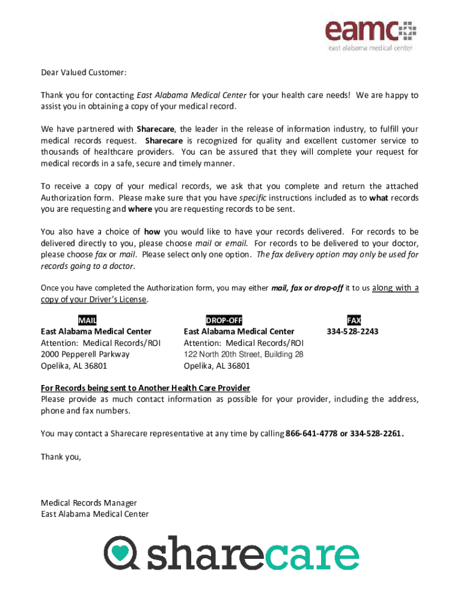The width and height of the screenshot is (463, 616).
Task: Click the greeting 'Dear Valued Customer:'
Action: (x=84, y=73)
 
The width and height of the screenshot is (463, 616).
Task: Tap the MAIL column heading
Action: (x=87, y=320)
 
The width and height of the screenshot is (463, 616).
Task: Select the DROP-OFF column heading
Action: (x=224, y=320)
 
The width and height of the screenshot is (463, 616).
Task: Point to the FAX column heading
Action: (x=354, y=320)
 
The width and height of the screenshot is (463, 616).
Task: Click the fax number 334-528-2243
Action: (x=352, y=331)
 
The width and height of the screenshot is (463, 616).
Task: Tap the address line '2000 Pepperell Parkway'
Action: (x=85, y=354)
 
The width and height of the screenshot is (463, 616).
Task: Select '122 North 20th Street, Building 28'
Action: (x=244, y=354)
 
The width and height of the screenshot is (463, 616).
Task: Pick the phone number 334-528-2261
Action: (x=376, y=434)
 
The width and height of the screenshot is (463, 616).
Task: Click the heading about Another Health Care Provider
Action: (x=145, y=388)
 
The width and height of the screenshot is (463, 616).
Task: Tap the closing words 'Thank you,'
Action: (x=60, y=457)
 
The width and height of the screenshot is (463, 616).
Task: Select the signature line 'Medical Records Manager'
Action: (x=88, y=503)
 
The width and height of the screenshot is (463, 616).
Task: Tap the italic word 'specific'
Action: (x=253, y=198)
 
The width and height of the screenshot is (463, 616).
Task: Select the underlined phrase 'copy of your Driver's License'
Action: (x=93, y=300)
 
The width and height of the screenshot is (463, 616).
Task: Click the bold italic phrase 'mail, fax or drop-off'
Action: (x=307, y=288)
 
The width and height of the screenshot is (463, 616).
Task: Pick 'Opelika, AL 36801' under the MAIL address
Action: (x=73, y=366)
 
